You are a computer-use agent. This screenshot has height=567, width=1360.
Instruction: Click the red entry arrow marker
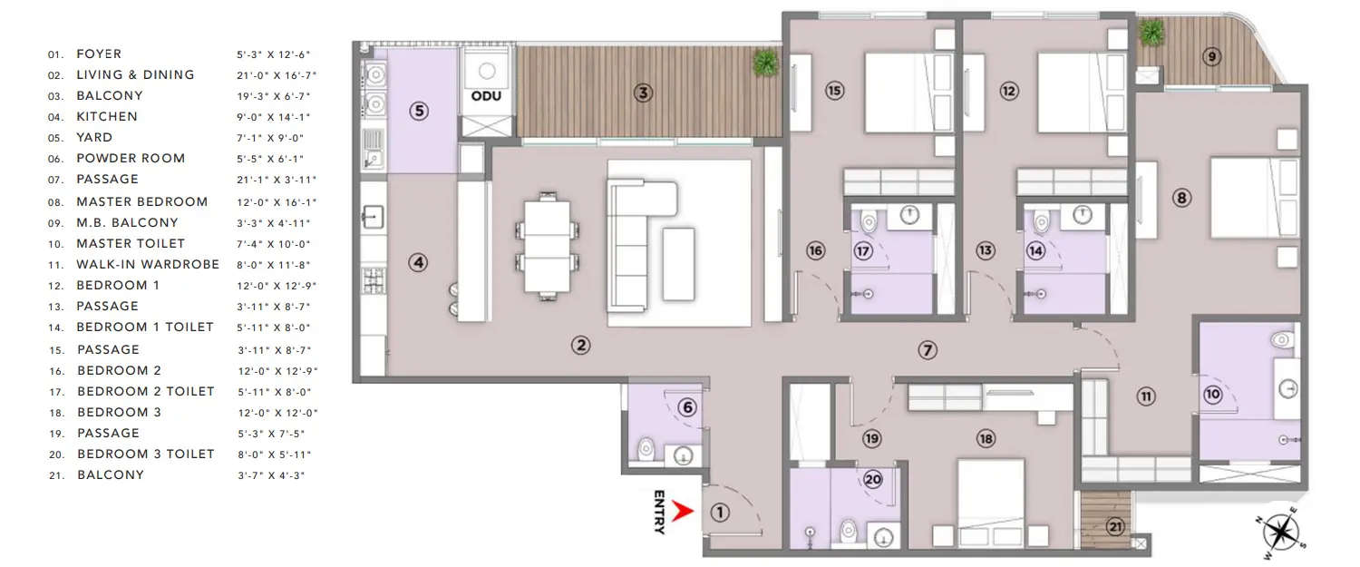684,513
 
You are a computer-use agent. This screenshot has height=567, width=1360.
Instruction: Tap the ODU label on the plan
486,96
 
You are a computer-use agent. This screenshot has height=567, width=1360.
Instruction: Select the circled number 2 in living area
580,345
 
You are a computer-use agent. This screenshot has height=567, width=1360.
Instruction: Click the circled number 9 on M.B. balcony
1211,56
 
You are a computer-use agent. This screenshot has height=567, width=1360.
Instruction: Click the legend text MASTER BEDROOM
141,201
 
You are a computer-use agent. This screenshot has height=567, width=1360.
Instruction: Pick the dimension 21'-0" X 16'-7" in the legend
277,75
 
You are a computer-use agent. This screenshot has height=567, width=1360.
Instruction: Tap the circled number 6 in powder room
687,408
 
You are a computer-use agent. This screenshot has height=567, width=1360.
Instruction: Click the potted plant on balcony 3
765,62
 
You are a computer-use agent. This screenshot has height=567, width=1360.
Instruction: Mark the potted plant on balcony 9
1151,33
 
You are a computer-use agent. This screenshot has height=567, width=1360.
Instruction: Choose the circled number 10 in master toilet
1213,395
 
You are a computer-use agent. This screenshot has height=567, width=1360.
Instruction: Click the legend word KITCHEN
107,117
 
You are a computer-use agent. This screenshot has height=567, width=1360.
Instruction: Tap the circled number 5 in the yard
418,111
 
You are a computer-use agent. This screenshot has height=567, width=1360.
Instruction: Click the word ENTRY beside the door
659,513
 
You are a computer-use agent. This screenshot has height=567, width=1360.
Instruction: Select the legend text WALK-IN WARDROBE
148,265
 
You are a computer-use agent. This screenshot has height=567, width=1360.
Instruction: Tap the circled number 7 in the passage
926,349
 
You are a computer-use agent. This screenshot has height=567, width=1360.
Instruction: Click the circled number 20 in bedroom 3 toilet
873,481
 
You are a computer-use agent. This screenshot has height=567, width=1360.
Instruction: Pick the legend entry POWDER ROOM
131,159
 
